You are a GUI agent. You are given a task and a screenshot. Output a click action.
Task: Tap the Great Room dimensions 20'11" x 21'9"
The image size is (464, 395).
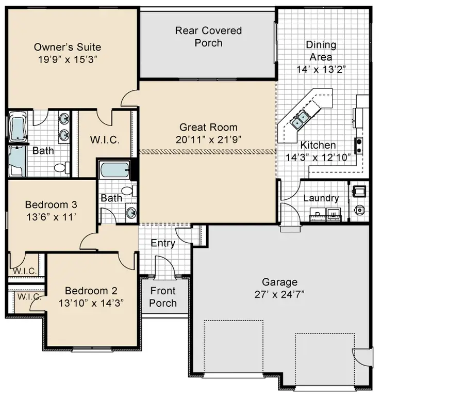tap(208, 139)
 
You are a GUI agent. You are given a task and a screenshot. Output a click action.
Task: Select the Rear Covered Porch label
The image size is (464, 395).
tap(208, 37)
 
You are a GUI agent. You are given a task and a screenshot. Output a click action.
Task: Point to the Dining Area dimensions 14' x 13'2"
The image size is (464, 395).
tap(321, 69)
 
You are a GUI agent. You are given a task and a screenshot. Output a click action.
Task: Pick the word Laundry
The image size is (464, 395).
tap(321, 198)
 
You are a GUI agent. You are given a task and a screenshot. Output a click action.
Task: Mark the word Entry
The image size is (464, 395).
tap(163, 243)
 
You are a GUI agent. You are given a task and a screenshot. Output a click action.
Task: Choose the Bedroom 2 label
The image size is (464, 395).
tap(87, 291)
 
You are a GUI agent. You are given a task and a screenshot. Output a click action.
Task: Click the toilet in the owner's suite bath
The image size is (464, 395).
tap(61, 167)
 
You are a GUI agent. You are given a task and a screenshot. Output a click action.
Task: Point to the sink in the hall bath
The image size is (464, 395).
tap(131, 212)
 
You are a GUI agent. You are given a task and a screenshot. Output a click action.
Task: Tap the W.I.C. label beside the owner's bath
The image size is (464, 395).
tap(105, 140)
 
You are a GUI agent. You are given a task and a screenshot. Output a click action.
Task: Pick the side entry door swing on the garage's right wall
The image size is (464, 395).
tap(363, 357)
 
